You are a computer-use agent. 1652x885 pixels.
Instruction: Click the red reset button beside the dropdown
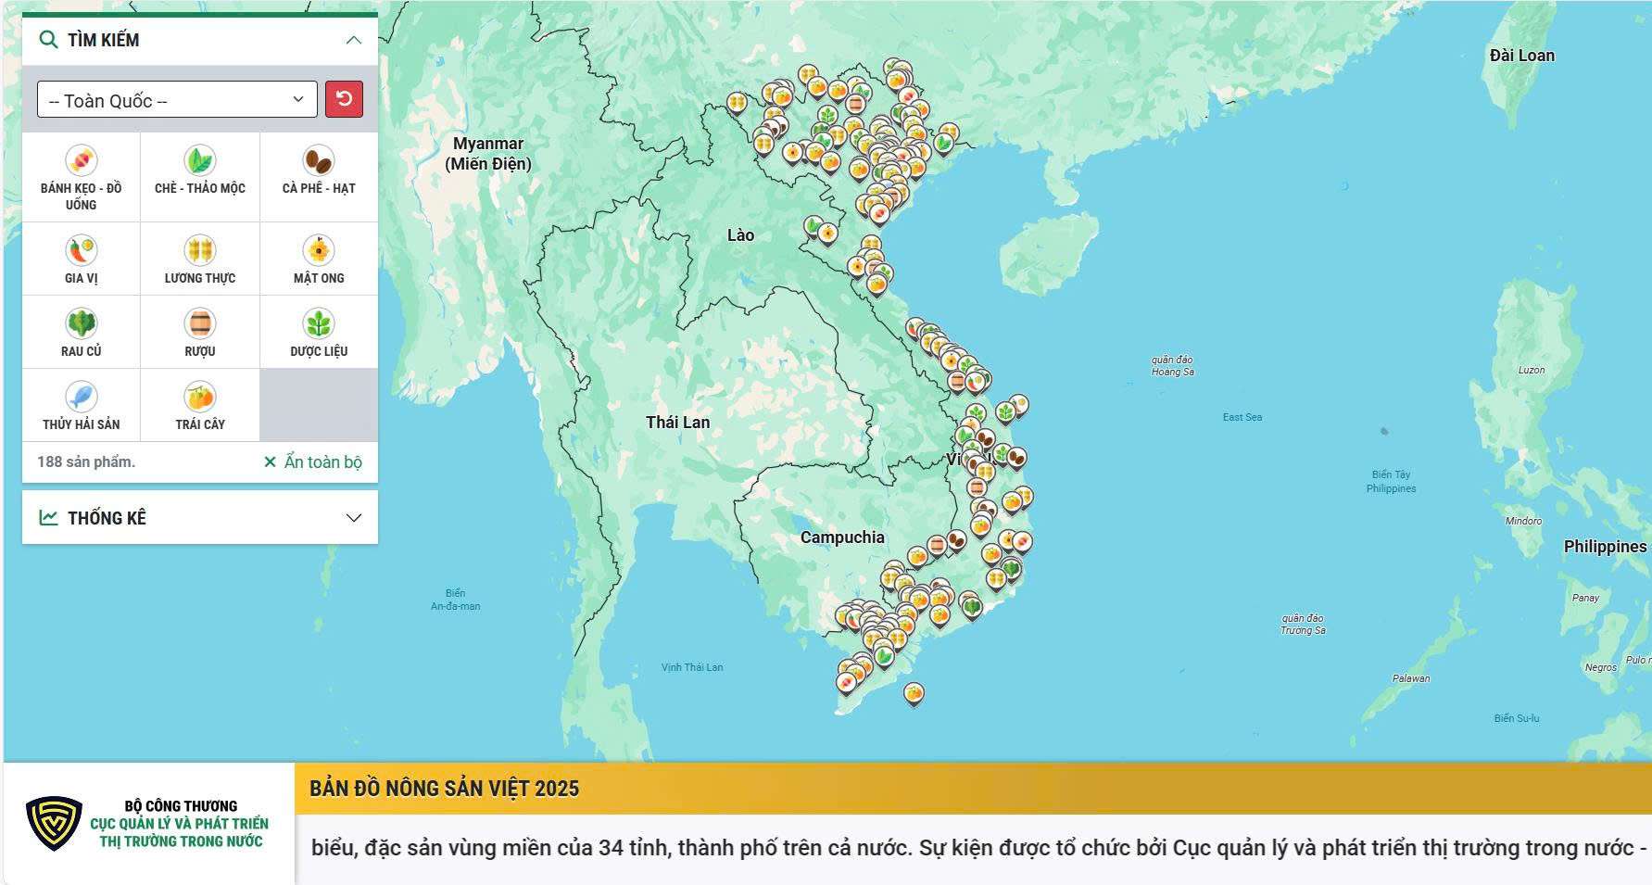click(x=344, y=99)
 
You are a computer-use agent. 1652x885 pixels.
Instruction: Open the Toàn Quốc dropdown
click(x=177, y=100)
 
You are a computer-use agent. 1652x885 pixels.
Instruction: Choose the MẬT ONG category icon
click(x=319, y=250)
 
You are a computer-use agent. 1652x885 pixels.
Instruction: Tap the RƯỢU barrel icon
click(x=200, y=323)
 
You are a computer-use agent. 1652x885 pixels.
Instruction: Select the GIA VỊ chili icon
click(x=82, y=250)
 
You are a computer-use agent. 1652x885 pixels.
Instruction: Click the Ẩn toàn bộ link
click(x=313, y=461)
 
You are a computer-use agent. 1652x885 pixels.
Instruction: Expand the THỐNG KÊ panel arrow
click(x=353, y=517)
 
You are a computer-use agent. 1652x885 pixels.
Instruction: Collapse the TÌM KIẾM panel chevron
click(x=353, y=40)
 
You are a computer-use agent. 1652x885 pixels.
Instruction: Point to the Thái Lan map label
click(x=677, y=423)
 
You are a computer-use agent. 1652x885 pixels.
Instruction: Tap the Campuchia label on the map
click(x=841, y=537)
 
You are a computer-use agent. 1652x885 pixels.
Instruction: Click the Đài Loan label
click(x=1521, y=56)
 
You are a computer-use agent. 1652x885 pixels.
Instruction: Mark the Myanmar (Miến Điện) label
click(x=488, y=154)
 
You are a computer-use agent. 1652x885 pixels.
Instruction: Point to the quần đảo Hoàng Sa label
click(x=1172, y=365)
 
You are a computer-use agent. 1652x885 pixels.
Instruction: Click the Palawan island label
click(x=1410, y=678)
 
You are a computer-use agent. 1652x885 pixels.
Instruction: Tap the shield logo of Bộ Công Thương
click(x=54, y=823)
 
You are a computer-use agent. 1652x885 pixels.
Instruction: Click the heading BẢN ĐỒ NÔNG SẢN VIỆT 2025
click(x=444, y=789)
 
